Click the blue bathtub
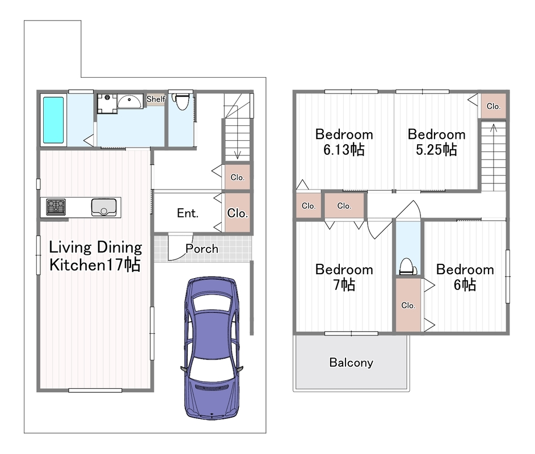(53, 120)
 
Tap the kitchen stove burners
(56, 207)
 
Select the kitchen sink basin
(104, 208)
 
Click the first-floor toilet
(182, 102)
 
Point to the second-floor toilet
(408, 266)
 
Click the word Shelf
(155, 99)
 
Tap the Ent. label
(188, 213)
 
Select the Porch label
(202, 249)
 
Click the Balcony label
(351, 363)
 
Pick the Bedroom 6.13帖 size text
(344, 149)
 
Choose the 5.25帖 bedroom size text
(436, 149)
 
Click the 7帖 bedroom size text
(344, 284)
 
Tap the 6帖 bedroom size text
(465, 284)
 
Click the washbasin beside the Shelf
(130, 102)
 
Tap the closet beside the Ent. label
(238, 213)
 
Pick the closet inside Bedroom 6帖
(408, 305)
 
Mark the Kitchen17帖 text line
(95, 265)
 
